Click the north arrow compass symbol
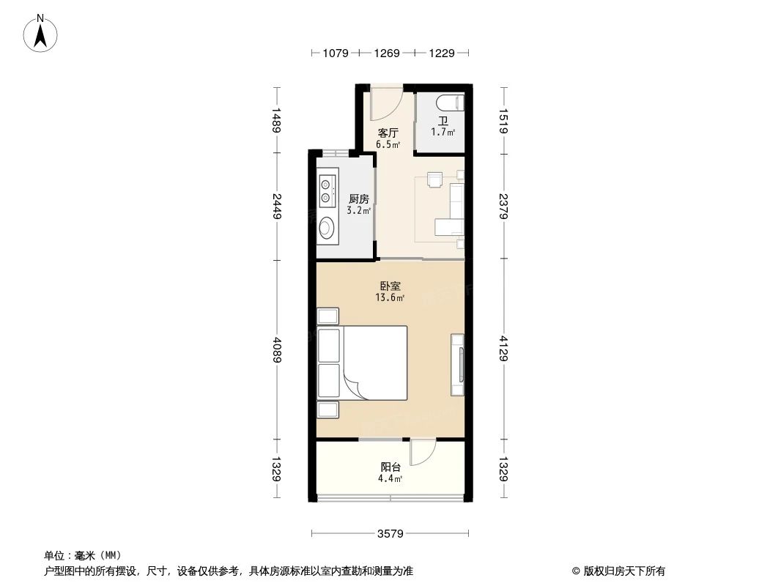[42, 32]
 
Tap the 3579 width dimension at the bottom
[390, 533]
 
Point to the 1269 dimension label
[387, 53]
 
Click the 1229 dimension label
[442, 53]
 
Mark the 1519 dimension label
[504, 121]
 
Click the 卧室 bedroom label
[390, 286]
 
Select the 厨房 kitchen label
[358, 199]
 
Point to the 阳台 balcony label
[390, 467]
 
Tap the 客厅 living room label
[388, 133]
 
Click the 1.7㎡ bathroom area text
[443, 133]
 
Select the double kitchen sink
[327, 187]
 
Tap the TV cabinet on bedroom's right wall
[458, 363]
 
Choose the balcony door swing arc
[423, 453]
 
